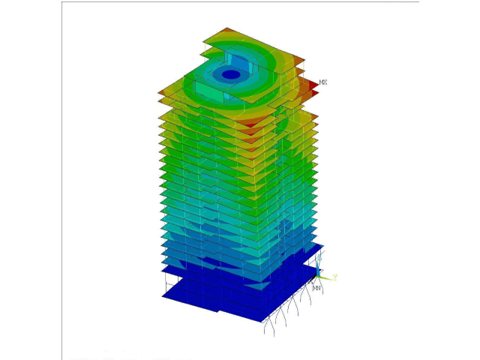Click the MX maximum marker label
tap(322, 82)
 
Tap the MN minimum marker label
tap(316, 288)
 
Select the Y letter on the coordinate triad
tap(335, 277)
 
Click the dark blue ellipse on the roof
tap(231, 74)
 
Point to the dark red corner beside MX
tap(313, 88)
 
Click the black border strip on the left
tap(30, 180)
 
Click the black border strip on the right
tap(450, 180)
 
